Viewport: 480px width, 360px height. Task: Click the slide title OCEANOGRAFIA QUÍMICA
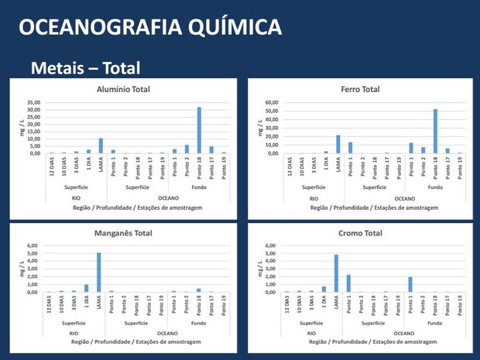coord(149,28)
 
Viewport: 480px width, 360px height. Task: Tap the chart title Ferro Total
coord(360,89)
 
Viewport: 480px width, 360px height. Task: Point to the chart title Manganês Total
coord(121,233)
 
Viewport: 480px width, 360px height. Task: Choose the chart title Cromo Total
coord(360,233)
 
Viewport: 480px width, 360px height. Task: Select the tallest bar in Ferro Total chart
coord(435,131)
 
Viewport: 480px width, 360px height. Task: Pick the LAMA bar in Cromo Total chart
coord(337,273)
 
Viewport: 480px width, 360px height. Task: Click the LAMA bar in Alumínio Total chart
coord(101,146)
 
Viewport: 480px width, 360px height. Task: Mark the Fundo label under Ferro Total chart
coord(435,187)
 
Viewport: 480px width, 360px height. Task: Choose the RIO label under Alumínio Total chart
coord(75,197)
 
